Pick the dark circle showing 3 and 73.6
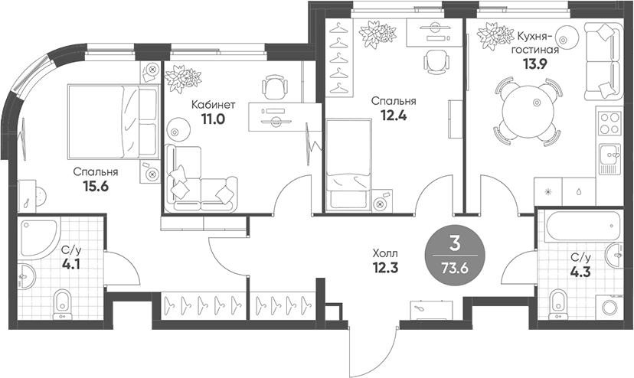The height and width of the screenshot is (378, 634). tap(455, 255)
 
